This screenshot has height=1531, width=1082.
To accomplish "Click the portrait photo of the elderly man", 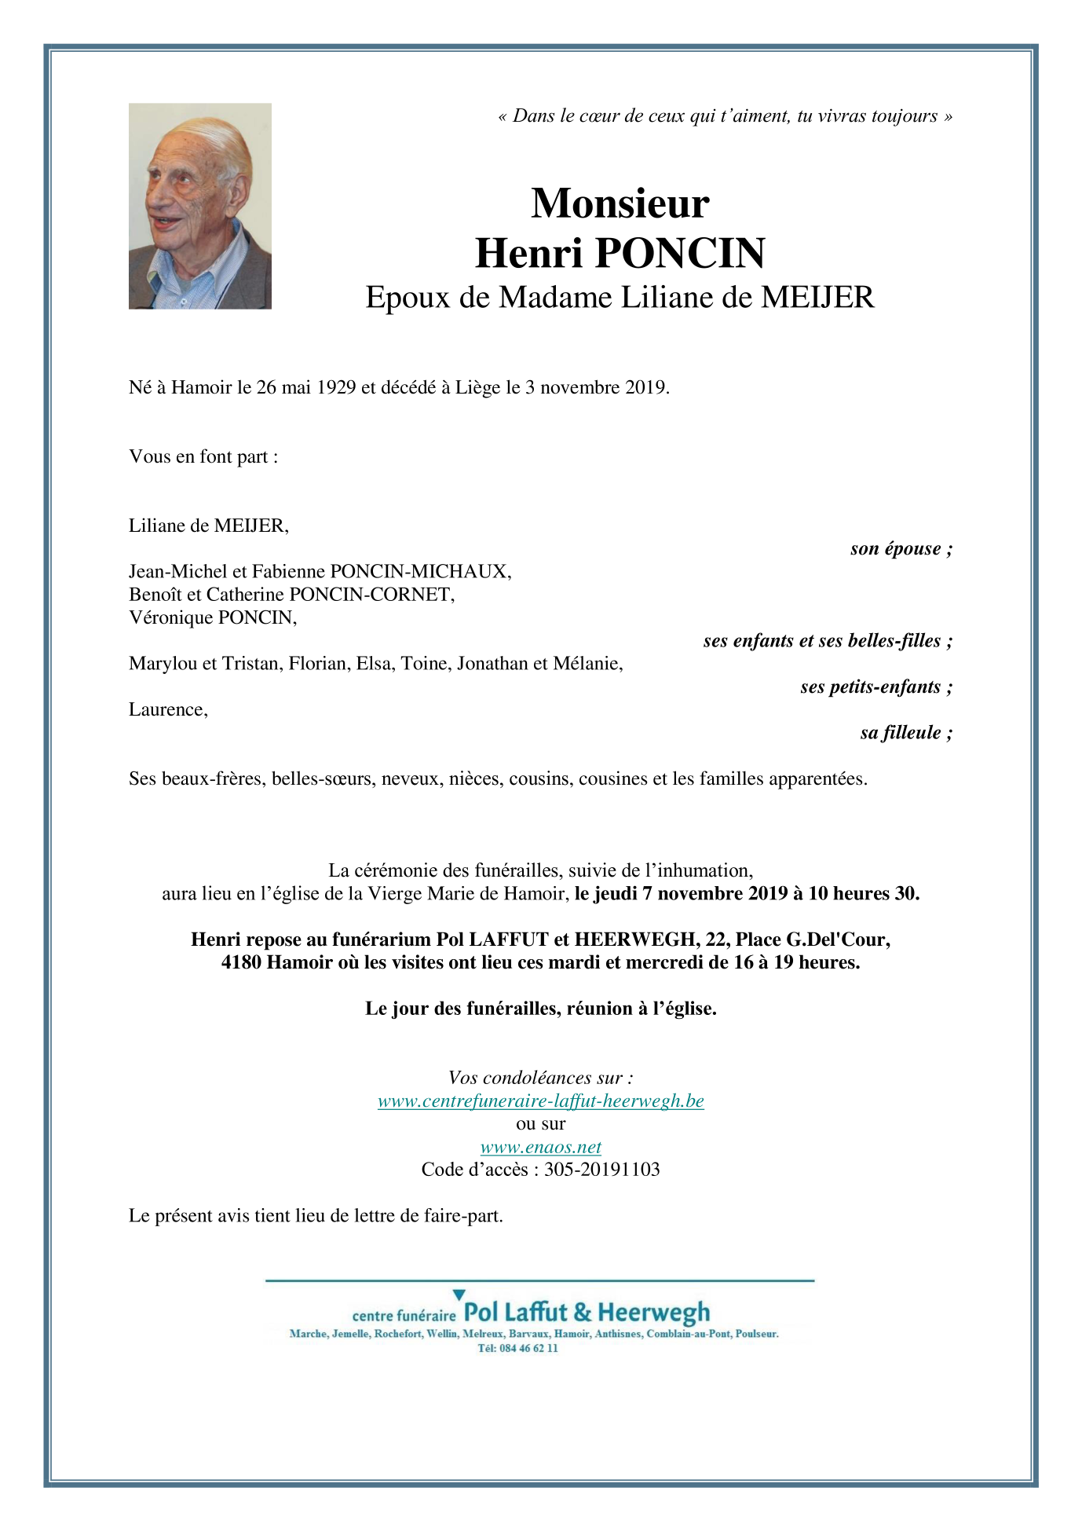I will pos(199,206).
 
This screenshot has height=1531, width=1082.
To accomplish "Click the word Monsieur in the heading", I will pos(620,203).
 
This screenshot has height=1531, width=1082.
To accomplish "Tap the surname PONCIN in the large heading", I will pos(680,253).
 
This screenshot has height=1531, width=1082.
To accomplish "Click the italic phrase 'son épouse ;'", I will pos(901,549).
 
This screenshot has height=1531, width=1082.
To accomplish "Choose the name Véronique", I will pos(171,617).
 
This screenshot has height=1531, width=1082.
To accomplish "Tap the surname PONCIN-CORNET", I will pos(372,595).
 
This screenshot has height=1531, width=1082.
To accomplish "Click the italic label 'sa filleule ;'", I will pos(906,733).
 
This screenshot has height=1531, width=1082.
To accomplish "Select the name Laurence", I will pos(167,710).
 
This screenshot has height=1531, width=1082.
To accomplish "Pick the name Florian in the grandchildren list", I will pos(317,664).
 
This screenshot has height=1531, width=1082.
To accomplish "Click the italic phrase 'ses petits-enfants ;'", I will pos(876,687).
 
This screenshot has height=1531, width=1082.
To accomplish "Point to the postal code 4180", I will pos(241,963).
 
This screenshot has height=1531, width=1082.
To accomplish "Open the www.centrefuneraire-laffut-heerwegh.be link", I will pos(540,1101).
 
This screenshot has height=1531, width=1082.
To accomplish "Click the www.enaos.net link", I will pos(540,1148).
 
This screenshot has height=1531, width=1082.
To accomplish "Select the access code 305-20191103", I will pos(601,1170).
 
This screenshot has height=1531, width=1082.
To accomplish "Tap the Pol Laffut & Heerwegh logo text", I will pos(587,1312).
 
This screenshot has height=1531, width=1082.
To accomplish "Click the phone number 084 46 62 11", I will pos(528,1349).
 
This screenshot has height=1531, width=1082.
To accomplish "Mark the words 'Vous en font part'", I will pos(199,457).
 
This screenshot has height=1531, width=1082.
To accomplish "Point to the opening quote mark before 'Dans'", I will pos(503,117).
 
